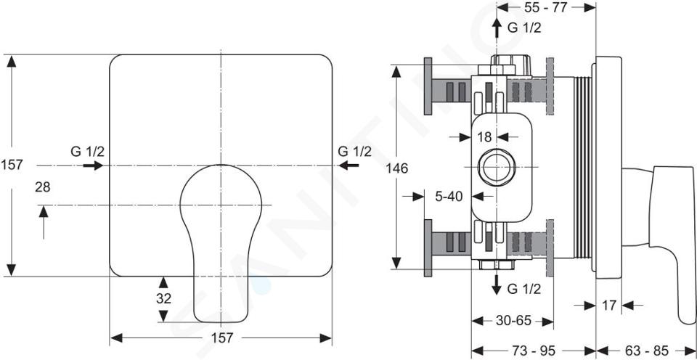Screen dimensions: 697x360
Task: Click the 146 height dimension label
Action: pyautogui.click(x=397, y=168)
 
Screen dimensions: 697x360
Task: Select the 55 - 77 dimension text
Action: pyautogui.click(x=546, y=7)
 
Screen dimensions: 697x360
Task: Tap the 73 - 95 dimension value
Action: pyautogui.click(x=534, y=351)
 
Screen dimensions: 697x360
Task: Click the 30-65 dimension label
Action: pyautogui.click(x=513, y=321)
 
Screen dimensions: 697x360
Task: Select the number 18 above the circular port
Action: pyautogui.click(x=485, y=137)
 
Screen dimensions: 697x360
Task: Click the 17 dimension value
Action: pyautogui.click(x=609, y=306)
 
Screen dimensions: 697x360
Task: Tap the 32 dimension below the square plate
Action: pyautogui.click(x=163, y=298)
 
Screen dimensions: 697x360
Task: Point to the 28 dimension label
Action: pyautogui.click(x=43, y=187)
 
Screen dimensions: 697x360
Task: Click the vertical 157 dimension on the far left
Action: pyautogui.click(x=12, y=165)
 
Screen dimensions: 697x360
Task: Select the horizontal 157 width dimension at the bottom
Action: pyautogui.click(x=221, y=337)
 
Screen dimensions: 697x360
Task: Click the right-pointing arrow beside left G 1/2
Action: pyautogui.click(x=93, y=165)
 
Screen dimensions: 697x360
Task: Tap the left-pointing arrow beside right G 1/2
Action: pyautogui.click(x=349, y=165)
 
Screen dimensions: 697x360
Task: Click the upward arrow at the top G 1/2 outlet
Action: pyautogui.click(x=497, y=29)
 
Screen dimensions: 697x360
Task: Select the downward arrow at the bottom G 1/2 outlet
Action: pyautogui.click(x=497, y=285)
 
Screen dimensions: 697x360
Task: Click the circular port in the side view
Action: pyautogui.click(x=496, y=168)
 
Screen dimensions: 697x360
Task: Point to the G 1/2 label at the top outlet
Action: pyautogui.click(x=524, y=28)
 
